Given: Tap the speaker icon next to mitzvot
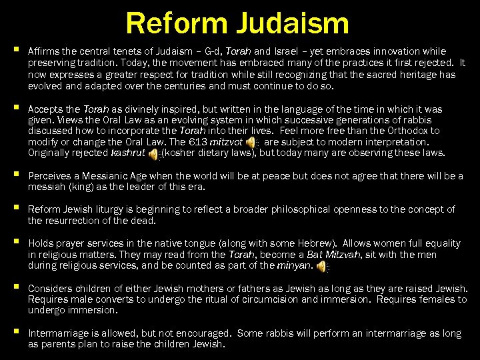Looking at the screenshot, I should point(251,142).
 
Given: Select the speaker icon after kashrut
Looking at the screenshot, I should point(153,154).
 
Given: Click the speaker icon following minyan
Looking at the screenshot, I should point(322,267).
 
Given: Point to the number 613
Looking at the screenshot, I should point(199,142).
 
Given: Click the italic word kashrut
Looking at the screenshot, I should point(128,153).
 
